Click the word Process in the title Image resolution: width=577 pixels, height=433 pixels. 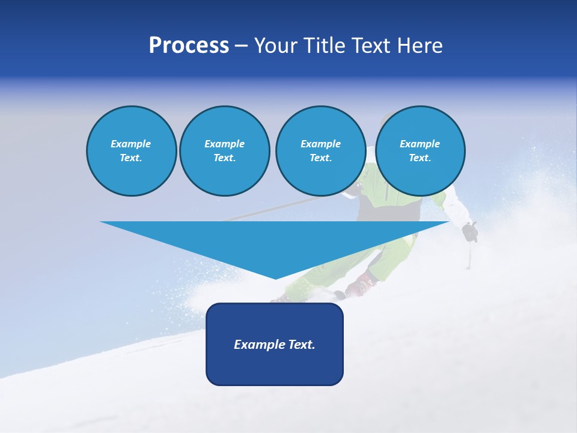pyautogui.click(x=189, y=46)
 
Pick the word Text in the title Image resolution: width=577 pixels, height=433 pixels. pyautogui.click(x=371, y=46)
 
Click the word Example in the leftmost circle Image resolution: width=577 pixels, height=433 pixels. pyautogui.click(x=131, y=144)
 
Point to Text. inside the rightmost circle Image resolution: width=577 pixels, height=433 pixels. pyautogui.click(x=420, y=158)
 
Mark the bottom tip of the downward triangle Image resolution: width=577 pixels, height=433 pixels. pyautogui.click(x=275, y=278)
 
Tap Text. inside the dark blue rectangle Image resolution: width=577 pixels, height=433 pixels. pyautogui.click(x=302, y=345)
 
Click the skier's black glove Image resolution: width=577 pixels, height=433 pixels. pyautogui.click(x=469, y=232)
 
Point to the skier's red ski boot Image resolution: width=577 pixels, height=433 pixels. pyautogui.click(x=361, y=284)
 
